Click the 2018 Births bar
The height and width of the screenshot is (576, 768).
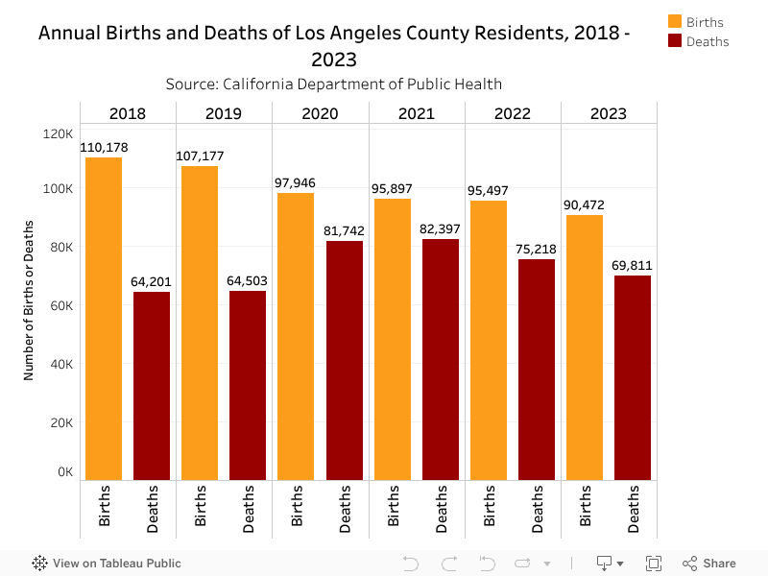[x=104, y=318]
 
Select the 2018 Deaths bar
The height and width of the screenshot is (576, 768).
[x=152, y=385]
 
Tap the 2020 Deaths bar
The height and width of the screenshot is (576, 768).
[x=345, y=360]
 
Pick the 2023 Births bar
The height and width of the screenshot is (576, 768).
[x=585, y=347]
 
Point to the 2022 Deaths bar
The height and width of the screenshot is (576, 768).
[x=537, y=369]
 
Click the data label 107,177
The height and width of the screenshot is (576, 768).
[x=200, y=156]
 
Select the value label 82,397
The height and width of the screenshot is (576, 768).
[x=441, y=228]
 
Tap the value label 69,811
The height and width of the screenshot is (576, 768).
[x=633, y=265]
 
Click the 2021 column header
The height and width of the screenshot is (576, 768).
[x=417, y=113]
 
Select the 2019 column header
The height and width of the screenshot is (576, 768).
[x=224, y=113]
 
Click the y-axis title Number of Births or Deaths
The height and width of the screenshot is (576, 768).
[x=29, y=300]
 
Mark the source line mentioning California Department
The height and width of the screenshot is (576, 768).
[x=334, y=84]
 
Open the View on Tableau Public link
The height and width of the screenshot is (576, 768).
[x=107, y=564]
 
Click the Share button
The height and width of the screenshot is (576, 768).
[x=709, y=564]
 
